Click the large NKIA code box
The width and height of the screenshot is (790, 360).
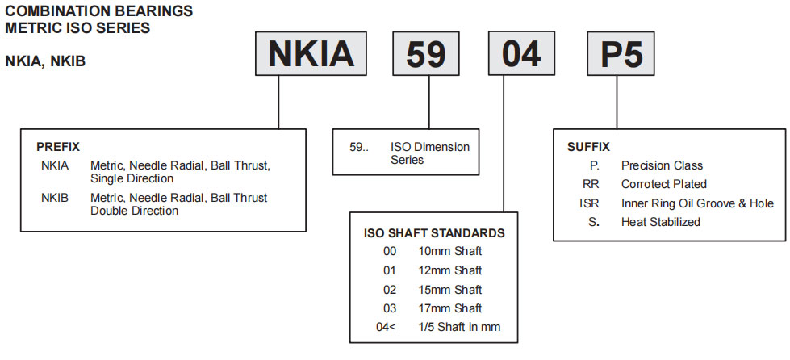coord(311,54)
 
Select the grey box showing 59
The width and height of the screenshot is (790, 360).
coord(425,54)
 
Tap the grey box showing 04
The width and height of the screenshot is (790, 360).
coord(521,54)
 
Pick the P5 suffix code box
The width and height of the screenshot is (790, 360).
coord(620,54)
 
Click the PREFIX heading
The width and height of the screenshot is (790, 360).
coord(58,148)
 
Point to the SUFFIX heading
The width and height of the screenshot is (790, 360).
coord(588,147)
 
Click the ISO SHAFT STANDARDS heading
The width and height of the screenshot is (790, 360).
coord(434,233)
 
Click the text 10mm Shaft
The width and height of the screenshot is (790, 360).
coord(449,252)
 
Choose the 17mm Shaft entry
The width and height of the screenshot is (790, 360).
coord(449,308)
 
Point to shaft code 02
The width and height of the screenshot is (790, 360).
coord(391,290)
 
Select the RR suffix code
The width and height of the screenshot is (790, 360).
coord(591,184)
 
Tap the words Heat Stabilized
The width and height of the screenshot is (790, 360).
coord(660,222)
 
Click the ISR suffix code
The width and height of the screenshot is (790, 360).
coord(590,203)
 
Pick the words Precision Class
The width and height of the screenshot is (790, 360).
coord(662,165)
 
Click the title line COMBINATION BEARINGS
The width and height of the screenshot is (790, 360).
coord(99,11)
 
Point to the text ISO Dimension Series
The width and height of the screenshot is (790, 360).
coord(429,153)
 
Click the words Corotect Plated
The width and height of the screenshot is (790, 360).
coord(663,184)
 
